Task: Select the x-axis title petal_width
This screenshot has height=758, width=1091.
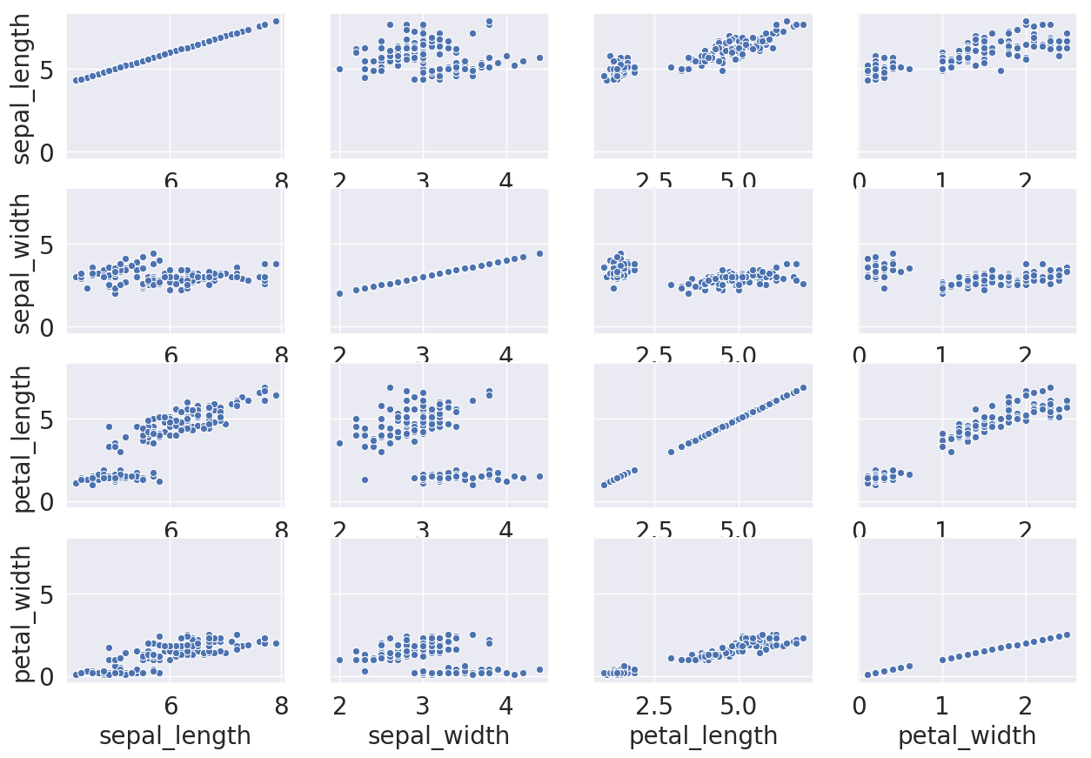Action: (x=967, y=736)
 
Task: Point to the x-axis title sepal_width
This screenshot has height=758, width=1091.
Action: (x=438, y=736)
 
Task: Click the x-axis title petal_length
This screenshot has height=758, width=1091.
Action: (x=703, y=736)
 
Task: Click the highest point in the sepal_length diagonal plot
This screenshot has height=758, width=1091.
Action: (x=276, y=21)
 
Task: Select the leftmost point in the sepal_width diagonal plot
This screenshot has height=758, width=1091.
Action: (x=339, y=293)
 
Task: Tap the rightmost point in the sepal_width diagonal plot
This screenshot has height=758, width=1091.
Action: (x=539, y=253)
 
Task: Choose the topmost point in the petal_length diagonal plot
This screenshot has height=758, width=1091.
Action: (x=803, y=387)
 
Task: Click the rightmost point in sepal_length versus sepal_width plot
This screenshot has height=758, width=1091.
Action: (x=539, y=57)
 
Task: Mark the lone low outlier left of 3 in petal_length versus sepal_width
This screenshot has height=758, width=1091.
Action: (x=365, y=480)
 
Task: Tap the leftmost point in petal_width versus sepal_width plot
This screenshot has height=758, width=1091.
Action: (x=339, y=660)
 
